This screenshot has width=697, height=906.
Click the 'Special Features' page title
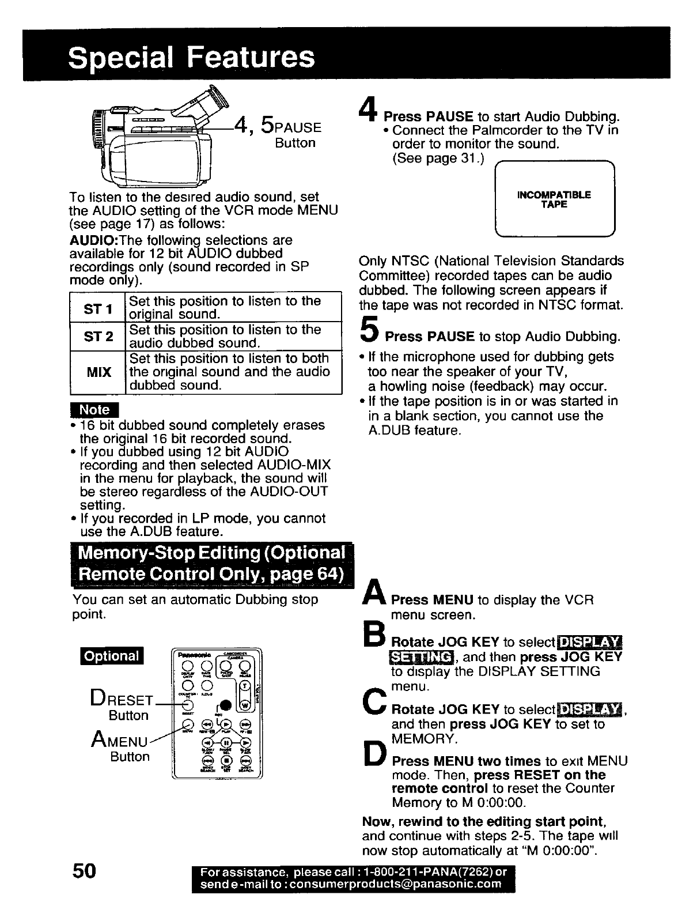click(191, 57)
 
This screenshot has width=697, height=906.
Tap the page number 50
click(84, 870)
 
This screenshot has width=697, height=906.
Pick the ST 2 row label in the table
click(97, 337)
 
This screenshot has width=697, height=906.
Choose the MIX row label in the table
click(98, 372)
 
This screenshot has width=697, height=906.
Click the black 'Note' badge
click(94, 410)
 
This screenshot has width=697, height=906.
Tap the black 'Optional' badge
click(112, 656)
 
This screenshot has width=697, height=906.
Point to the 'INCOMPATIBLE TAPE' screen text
click(554, 199)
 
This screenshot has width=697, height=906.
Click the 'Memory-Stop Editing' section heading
click(212, 564)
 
